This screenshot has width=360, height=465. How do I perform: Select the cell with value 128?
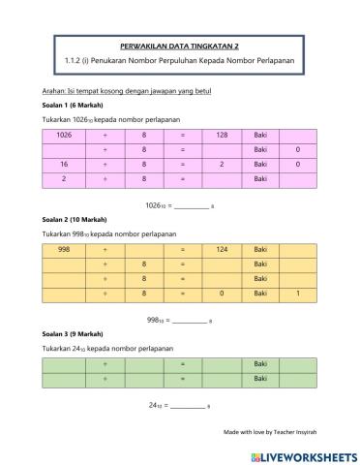pyautogui.click(x=222, y=135)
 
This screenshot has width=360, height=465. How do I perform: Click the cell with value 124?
pyautogui.click(x=222, y=249)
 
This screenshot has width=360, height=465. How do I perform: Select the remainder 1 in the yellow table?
pyautogui.click(x=297, y=293)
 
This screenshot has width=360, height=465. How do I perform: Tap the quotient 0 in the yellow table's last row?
pyautogui.click(x=222, y=293)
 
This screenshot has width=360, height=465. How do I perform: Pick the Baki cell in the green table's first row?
pyautogui.click(x=259, y=363)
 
